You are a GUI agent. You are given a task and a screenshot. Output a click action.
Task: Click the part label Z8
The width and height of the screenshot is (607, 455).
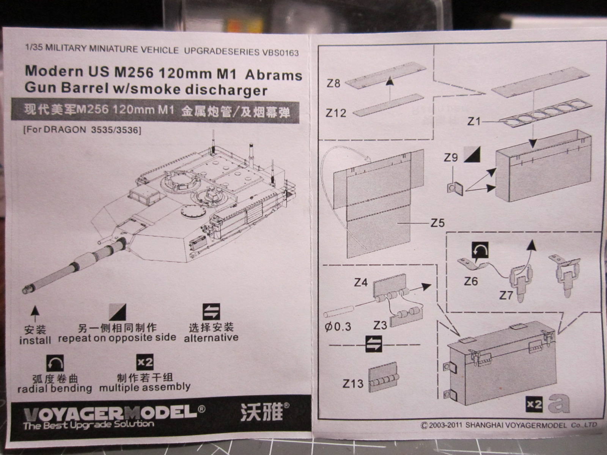pos(333,83)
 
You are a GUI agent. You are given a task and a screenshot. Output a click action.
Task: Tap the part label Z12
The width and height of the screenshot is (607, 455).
pos(336,113)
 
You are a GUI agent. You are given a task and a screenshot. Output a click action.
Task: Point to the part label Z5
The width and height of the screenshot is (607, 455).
pos(437,223)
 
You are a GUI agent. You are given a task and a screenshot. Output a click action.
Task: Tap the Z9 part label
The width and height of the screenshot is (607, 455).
pos(451,157)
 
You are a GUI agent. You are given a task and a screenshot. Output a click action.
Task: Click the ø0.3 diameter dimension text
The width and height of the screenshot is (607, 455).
pos(338,326)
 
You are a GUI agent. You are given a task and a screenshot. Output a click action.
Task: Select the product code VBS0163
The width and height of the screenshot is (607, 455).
pos(280,52)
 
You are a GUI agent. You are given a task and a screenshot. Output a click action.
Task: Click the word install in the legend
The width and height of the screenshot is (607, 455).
pos(35,340)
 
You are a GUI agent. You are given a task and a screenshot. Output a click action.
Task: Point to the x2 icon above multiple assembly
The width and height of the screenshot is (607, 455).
pos(145,363)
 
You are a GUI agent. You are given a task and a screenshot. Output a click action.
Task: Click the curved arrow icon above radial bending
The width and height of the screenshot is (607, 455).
pos(55,364)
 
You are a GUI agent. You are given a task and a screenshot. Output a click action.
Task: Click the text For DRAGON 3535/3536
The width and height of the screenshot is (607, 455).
pos(82,130)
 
